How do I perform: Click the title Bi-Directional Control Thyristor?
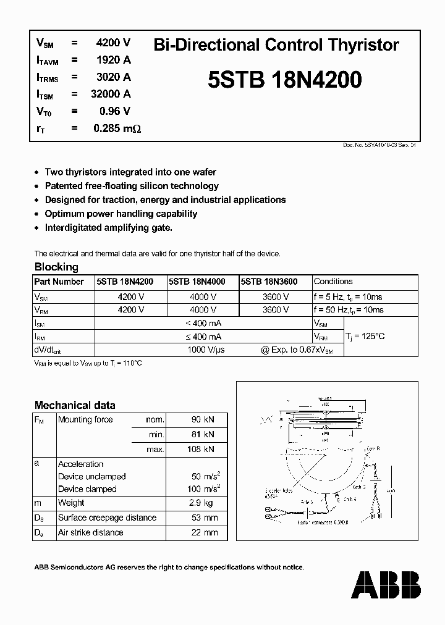click(276, 45)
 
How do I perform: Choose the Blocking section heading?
click(56, 267)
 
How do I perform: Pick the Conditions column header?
click(333, 282)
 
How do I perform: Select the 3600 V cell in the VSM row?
click(276, 296)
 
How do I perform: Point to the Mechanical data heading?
click(75, 405)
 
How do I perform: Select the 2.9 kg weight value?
click(205, 503)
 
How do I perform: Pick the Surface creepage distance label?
click(107, 518)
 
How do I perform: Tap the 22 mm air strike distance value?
click(205, 532)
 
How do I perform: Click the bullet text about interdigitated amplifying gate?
click(109, 227)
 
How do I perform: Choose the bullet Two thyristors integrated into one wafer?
click(130, 172)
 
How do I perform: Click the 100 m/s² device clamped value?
click(203, 489)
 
